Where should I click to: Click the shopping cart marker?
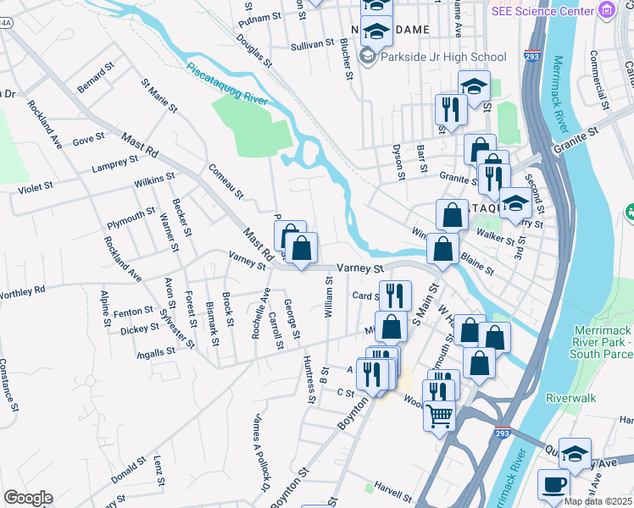coord(440,415)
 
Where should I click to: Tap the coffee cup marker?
coord(553,484)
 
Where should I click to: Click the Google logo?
coord(28,498)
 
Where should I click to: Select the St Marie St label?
coord(159,96)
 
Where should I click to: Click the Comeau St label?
coord(225,180)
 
